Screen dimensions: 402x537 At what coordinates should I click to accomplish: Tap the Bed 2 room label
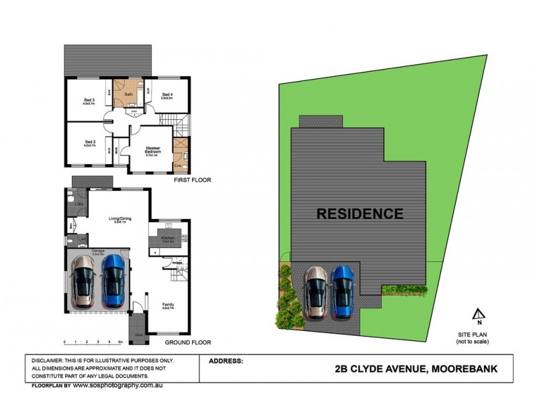point(89,142)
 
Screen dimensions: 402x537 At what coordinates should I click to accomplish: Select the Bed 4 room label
point(168,94)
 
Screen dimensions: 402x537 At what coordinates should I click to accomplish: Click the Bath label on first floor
point(128,94)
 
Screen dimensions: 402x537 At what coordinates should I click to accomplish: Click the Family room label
point(168,304)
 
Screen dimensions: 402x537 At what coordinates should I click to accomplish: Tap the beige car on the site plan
point(316,292)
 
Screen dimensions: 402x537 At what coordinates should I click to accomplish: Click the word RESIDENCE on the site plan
point(360,214)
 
